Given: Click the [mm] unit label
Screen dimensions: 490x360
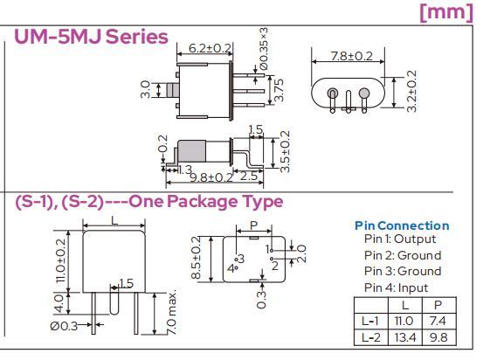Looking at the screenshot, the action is tap(446, 12).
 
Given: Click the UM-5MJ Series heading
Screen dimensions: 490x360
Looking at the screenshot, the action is tap(91, 37).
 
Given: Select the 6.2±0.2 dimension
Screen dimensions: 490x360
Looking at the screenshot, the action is tap(210, 48).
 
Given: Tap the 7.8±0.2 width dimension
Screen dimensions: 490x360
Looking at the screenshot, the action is tap(352, 56).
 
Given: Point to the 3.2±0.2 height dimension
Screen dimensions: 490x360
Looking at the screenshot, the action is tap(412, 91).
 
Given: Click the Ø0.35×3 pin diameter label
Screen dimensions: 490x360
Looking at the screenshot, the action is tap(263, 48).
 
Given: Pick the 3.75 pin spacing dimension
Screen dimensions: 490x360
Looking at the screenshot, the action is tap(279, 90).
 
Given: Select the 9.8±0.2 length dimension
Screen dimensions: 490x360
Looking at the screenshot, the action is tap(211, 177).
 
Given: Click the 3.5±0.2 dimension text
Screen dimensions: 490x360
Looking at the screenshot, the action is tap(285, 151).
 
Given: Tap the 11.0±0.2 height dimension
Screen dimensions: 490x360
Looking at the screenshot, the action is tap(61, 261).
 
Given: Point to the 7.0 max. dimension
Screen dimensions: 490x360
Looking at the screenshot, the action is tap(171, 313).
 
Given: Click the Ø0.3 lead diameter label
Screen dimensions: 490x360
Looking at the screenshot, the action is tap(64, 326).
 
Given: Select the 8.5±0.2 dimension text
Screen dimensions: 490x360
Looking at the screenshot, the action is tap(196, 258).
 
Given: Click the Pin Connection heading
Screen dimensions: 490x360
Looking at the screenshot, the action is tap(402, 225).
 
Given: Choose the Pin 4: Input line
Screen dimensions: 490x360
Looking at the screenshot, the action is tap(396, 287).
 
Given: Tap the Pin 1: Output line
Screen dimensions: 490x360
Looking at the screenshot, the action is tap(400, 239).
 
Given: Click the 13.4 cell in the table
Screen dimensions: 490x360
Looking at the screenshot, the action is tap(405, 337).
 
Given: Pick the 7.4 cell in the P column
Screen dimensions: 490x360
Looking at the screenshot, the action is tap(438, 321).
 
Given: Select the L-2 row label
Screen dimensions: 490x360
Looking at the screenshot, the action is tap(371, 337).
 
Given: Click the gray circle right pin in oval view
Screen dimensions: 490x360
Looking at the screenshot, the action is tap(364, 93).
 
